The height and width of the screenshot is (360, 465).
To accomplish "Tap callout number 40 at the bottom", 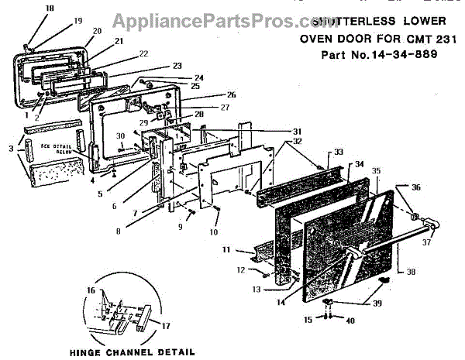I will click(x=350, y=320).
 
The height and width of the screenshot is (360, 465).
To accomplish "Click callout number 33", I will click(x=338, y=152).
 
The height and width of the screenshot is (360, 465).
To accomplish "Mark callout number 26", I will click(x=210, y=94).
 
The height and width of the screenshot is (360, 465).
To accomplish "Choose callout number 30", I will click(x=121, y=136).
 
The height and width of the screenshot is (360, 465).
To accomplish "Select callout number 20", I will click(x=97, y=31).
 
